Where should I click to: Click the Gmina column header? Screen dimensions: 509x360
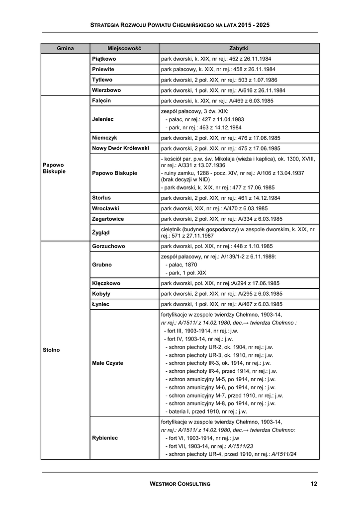click(65, 48)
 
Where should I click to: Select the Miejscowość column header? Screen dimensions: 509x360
click(124, 48)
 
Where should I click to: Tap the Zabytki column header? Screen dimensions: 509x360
click(239, 48)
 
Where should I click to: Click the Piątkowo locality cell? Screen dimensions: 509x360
click(104, 59)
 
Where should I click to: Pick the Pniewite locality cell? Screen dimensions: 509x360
click(103, 69)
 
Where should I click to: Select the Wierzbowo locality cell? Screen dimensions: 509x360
click(106, 90)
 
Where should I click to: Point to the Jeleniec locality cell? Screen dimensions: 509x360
click(103, 119)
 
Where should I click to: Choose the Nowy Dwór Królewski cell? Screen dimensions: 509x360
click(120, 148)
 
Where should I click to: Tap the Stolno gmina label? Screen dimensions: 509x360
click(51, 350)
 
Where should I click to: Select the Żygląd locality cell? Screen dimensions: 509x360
click(101, 232)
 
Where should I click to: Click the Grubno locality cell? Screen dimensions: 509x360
click(102, 264)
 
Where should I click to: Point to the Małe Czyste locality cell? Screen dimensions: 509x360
click(107, 363)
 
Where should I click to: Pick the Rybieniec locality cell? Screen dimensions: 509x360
click(105, 438)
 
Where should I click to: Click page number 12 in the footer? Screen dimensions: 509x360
click(313, 484)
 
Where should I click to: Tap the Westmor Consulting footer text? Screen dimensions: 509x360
click(180, 484)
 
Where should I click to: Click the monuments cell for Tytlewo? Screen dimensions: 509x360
click(219, 80)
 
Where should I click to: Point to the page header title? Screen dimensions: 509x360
click(180, 24)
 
